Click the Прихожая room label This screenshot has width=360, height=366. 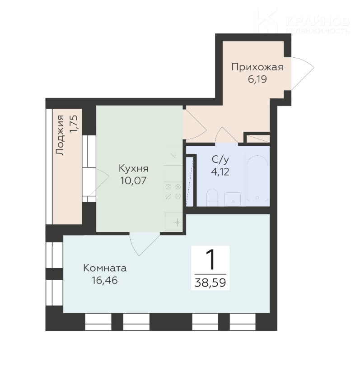tap(257, 67)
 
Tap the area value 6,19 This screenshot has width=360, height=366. tap(257, 79)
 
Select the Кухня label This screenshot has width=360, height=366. tap(133, 168)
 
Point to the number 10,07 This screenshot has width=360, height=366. tap(133, 181)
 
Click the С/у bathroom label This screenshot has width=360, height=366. tap(220, 160)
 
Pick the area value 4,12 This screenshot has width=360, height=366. tap(220, 172)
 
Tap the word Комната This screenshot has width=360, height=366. tap(105, 268)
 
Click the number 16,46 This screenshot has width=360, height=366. tap(105, 280)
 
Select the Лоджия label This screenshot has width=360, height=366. tap(60, 135)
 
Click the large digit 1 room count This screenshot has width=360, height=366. tap(210, 259)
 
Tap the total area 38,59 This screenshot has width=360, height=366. tap(210, 283)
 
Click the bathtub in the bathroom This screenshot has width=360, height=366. tap(257, 178)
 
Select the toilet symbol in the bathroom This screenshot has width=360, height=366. tap(212, 197)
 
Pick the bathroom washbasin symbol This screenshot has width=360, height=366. tap(233, 199)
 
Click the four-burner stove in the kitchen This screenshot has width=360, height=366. tap(173, 191)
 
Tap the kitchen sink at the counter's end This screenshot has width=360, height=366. tap(173, 222)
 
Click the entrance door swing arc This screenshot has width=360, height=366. tap(303, 74)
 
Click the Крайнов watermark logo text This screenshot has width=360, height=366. tap(318, 22)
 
